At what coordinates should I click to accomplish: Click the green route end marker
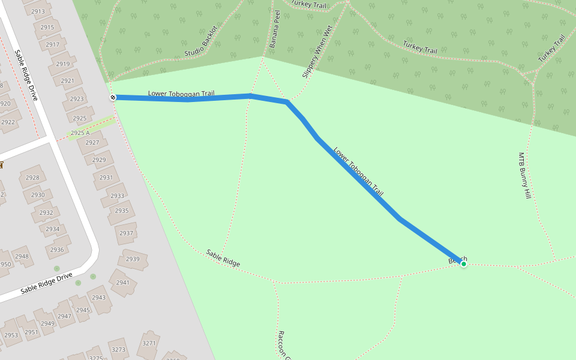(463, 264)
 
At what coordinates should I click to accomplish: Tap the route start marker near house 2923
(112, 97)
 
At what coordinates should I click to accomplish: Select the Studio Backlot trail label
(201, 45)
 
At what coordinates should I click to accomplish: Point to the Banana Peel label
(275, 29)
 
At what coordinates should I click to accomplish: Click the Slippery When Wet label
(317, 52)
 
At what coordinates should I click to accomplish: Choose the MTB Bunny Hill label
(525, 175)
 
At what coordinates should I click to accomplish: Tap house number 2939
(133, 259)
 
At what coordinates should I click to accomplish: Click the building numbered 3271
(149, 343)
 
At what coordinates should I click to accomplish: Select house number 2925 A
(80, 133)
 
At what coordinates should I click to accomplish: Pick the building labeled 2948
(22, 256)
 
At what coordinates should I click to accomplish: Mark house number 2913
(38, 11)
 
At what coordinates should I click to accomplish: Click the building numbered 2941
(122, 283)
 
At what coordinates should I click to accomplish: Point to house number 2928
(32, 178)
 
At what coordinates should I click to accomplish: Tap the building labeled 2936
(56, 250)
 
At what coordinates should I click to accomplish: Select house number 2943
(99, 298)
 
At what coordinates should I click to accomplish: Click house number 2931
(106, 178)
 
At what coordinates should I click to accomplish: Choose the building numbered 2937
(126, 233)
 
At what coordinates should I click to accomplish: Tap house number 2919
(62, 64)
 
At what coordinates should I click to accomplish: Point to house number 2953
(11, 335)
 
